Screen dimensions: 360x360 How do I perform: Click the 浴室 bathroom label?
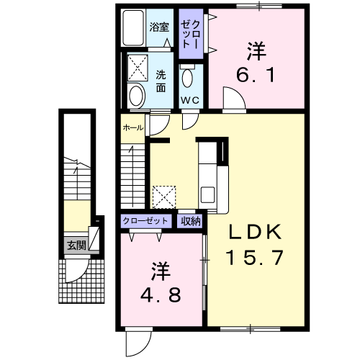pyautogui.click(x=159, y=27)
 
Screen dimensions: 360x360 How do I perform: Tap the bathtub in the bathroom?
pyautogui.click(x=133, y=27)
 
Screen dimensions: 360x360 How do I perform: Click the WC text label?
pyautogui.click(x=190, y=100)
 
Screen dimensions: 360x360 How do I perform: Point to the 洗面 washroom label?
pyautogui.click(x=161, y=81)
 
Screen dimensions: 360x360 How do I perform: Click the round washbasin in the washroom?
pyautogui.click(x=136, y=96)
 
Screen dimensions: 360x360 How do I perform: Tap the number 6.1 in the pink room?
pyautogui.click(x=256, y=75)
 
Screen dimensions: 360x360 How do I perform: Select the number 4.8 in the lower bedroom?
pyautogui.click(x=161, y=295)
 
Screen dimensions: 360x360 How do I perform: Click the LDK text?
pyautogui.click(x=255, y=232)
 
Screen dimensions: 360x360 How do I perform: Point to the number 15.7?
pyautogui.click(x=255, y=257)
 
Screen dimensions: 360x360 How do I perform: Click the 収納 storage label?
pyautogui.click(x=191, y=220)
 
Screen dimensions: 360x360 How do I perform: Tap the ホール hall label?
pyautogui.click(x=133, y=128)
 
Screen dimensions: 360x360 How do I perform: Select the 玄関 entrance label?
pyautogui.click(x=76, y=245)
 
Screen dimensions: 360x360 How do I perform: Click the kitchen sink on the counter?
pyautogui.click(x=207, y=194)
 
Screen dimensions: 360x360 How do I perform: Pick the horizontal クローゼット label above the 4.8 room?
pyautogui.click(x=145, y=220)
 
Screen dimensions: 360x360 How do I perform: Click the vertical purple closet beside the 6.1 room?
pyautogui.click(x=191, y=34)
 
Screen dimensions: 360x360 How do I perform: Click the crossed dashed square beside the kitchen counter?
pyautogui.click(x=164, y=197)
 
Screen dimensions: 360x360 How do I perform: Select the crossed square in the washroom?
pyautogui.click(x=138, y=68)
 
